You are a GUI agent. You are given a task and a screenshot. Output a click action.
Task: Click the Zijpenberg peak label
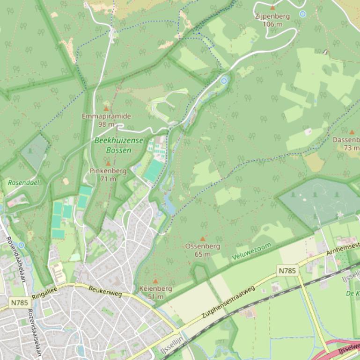point(272,16)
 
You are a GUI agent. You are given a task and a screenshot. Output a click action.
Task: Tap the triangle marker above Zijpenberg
point(272,7)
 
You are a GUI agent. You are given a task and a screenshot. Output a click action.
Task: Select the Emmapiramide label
point(106,116)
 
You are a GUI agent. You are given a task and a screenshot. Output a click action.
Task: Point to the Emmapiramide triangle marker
point(106,108)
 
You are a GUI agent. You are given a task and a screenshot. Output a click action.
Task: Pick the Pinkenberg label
point(108,171)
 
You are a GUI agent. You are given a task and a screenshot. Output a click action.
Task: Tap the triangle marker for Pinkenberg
point(108,164)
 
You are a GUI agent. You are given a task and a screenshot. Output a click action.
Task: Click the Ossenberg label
point(203,246)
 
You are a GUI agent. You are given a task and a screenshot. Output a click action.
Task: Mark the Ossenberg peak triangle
point(203,238)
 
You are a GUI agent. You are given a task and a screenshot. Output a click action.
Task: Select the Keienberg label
point(155,288)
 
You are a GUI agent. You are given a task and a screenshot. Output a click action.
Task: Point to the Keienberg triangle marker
point(155,281)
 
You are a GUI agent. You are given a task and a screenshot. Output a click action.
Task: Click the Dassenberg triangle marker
point(352,132)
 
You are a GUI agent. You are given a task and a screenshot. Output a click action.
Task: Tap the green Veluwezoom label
point(251,252)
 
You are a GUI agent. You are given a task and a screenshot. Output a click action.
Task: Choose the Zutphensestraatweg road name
point(228,302)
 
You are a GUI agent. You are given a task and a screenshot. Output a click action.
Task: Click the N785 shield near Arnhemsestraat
point(287,271)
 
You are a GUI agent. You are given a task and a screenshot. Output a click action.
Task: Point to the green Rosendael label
point(23,182)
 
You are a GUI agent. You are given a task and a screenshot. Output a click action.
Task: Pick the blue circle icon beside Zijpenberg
point(303,14)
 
